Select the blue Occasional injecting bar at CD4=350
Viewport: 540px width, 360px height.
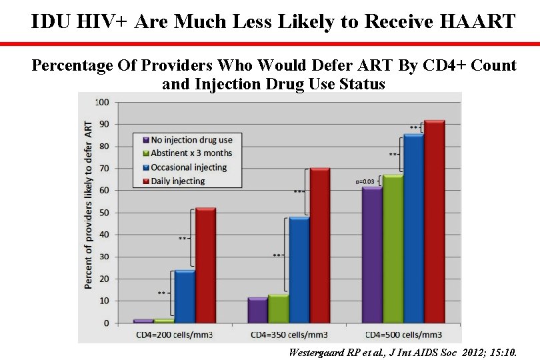[299, 270]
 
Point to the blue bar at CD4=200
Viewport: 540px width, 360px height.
[185, 297]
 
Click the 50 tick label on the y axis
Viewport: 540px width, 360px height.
[105, 213]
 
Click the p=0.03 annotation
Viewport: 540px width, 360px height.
[365, 181]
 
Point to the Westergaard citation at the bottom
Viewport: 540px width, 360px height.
[402, 351]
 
